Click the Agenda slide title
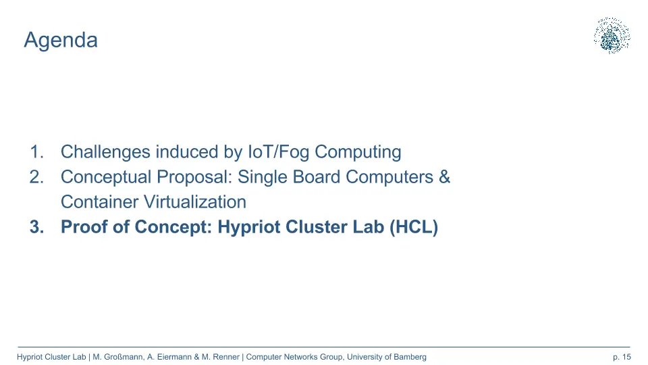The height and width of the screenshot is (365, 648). [x=61, y=41]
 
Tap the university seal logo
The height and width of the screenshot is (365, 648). [x=612, y=36]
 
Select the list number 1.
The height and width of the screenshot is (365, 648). [x=36, y=152]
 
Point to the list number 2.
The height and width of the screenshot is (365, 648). [x=36, y=177]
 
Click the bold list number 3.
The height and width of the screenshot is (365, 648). [x=36, y=227]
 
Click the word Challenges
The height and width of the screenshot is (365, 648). [x=105, y=152]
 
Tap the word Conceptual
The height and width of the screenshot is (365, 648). [x=106, y=178]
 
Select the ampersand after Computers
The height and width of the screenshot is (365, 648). [x=444, y=177]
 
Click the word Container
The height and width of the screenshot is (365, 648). [x=99, y=202]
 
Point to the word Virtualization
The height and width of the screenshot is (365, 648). [x=194, y=202]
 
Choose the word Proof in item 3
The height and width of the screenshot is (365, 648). [x=84, y=227]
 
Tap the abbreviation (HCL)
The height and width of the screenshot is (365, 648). [x=414, y=227]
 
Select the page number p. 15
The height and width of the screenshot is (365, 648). [x=622, y=357]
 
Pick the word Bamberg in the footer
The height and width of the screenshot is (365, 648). [x=410, y=357]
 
